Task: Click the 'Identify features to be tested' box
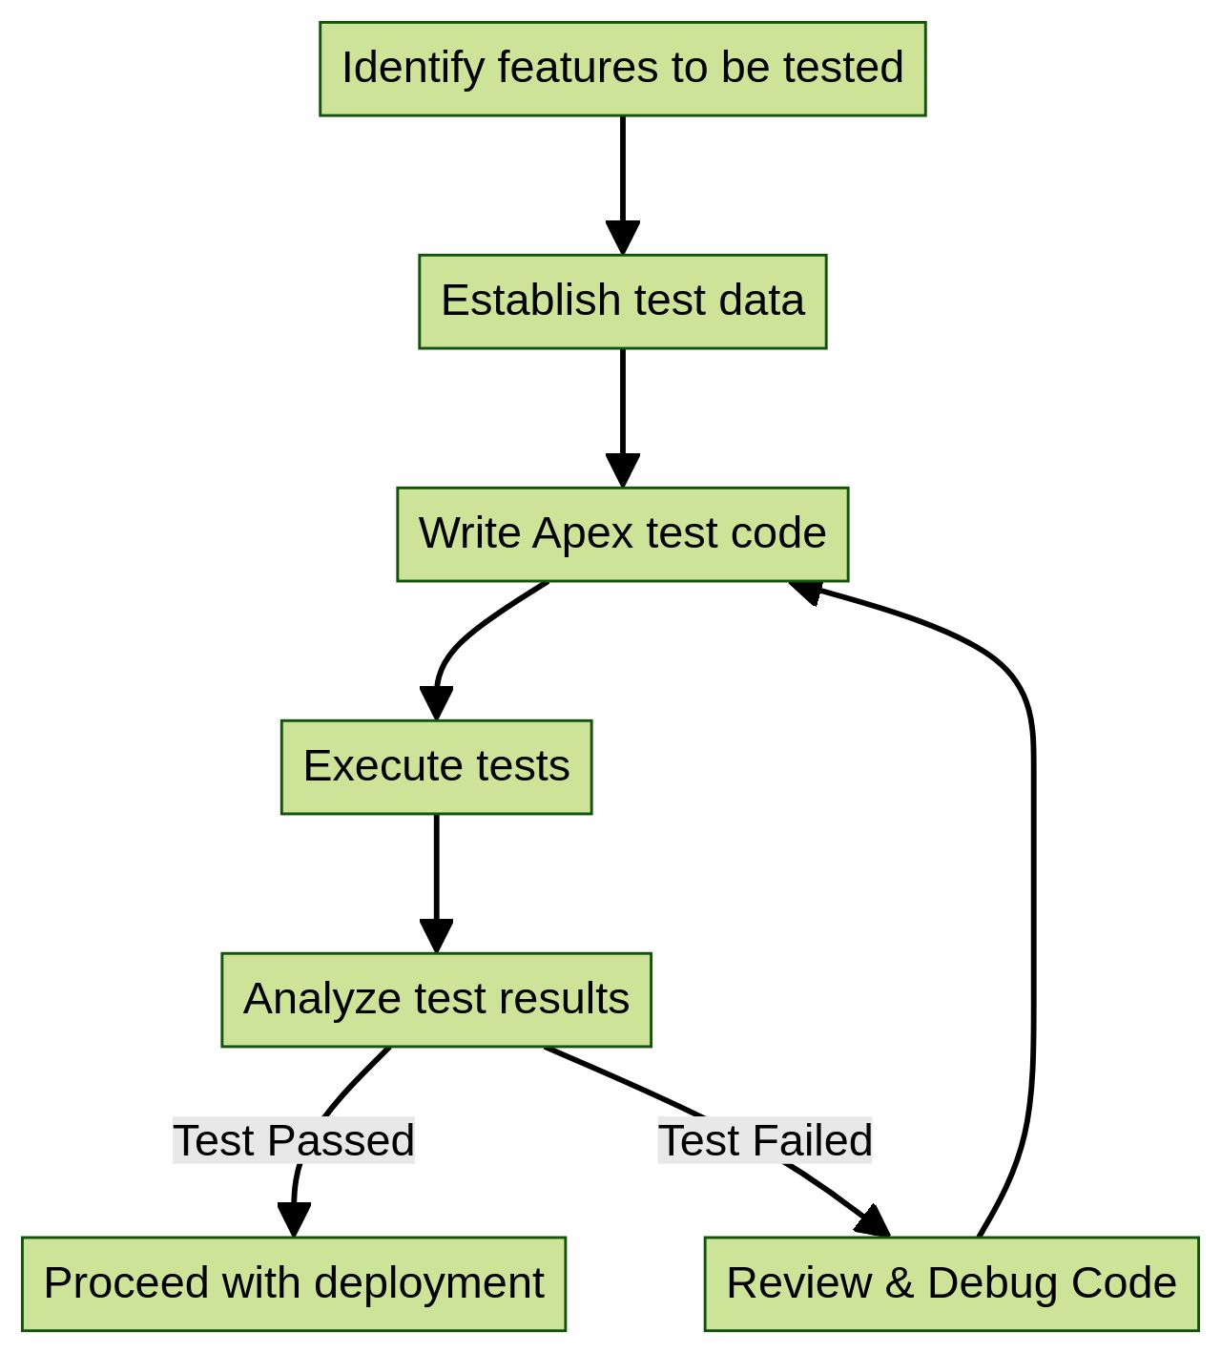pos(622,69)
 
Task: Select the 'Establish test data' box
pos(622,302)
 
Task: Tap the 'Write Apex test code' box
pos(622,534)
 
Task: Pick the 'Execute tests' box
pos(436,767)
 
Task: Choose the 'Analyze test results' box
pos(436,1000)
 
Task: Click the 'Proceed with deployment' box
pos(293,1284)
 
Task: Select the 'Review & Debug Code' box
pos(951,1284)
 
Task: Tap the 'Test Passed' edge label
pos(293,1141)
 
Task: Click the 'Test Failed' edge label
pos(765,1141)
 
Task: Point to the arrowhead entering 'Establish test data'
pos(622,238)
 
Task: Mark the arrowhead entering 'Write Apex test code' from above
pos(622,470)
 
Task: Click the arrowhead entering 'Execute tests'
pos(436,703)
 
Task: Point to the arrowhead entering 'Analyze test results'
pos(436,936)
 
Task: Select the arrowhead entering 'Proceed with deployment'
pos(294,1219)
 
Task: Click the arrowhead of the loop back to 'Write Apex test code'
pos(806,591)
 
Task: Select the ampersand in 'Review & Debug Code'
pos(899,1284)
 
